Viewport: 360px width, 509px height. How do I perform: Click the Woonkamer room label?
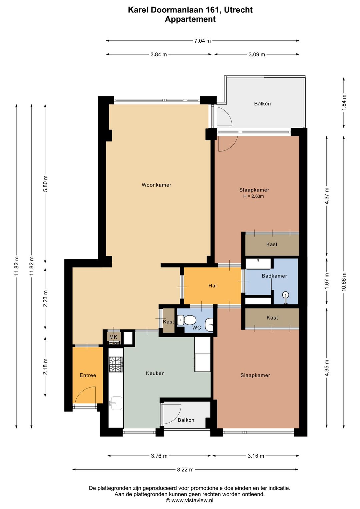[x=156, y=185]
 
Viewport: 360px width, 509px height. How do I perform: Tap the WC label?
[x=196, y=328]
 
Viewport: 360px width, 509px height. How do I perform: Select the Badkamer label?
[x=274, y=276]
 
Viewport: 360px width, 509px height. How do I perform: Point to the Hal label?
[x=212, y=286]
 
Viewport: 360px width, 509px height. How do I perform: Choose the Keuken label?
[x=155, y=373]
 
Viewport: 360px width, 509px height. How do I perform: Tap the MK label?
[x=113, y=337]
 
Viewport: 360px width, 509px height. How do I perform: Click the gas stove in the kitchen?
[x=116, y=365]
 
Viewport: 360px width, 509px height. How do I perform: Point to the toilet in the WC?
[x=186, y=321]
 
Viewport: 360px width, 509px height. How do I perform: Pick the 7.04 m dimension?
[x=202, y=41]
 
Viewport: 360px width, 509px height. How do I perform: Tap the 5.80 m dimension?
[x=45, y=183]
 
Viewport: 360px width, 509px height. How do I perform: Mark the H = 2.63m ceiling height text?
[x=253, y=196]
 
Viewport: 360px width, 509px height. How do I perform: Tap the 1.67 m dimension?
[x=327, y=281]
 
